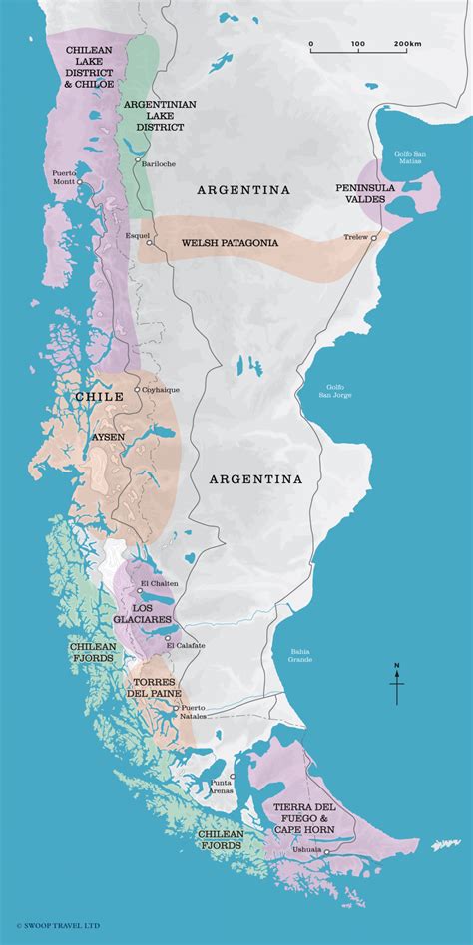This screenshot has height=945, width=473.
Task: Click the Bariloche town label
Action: point(161,162)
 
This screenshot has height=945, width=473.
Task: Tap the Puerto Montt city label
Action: point(64,176)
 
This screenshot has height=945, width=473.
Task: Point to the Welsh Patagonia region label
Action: point(229,242)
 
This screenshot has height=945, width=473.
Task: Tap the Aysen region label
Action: point(111,437)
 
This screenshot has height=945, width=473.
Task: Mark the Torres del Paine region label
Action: point(155,689)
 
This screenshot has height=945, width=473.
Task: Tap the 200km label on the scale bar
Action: point(406,45)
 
